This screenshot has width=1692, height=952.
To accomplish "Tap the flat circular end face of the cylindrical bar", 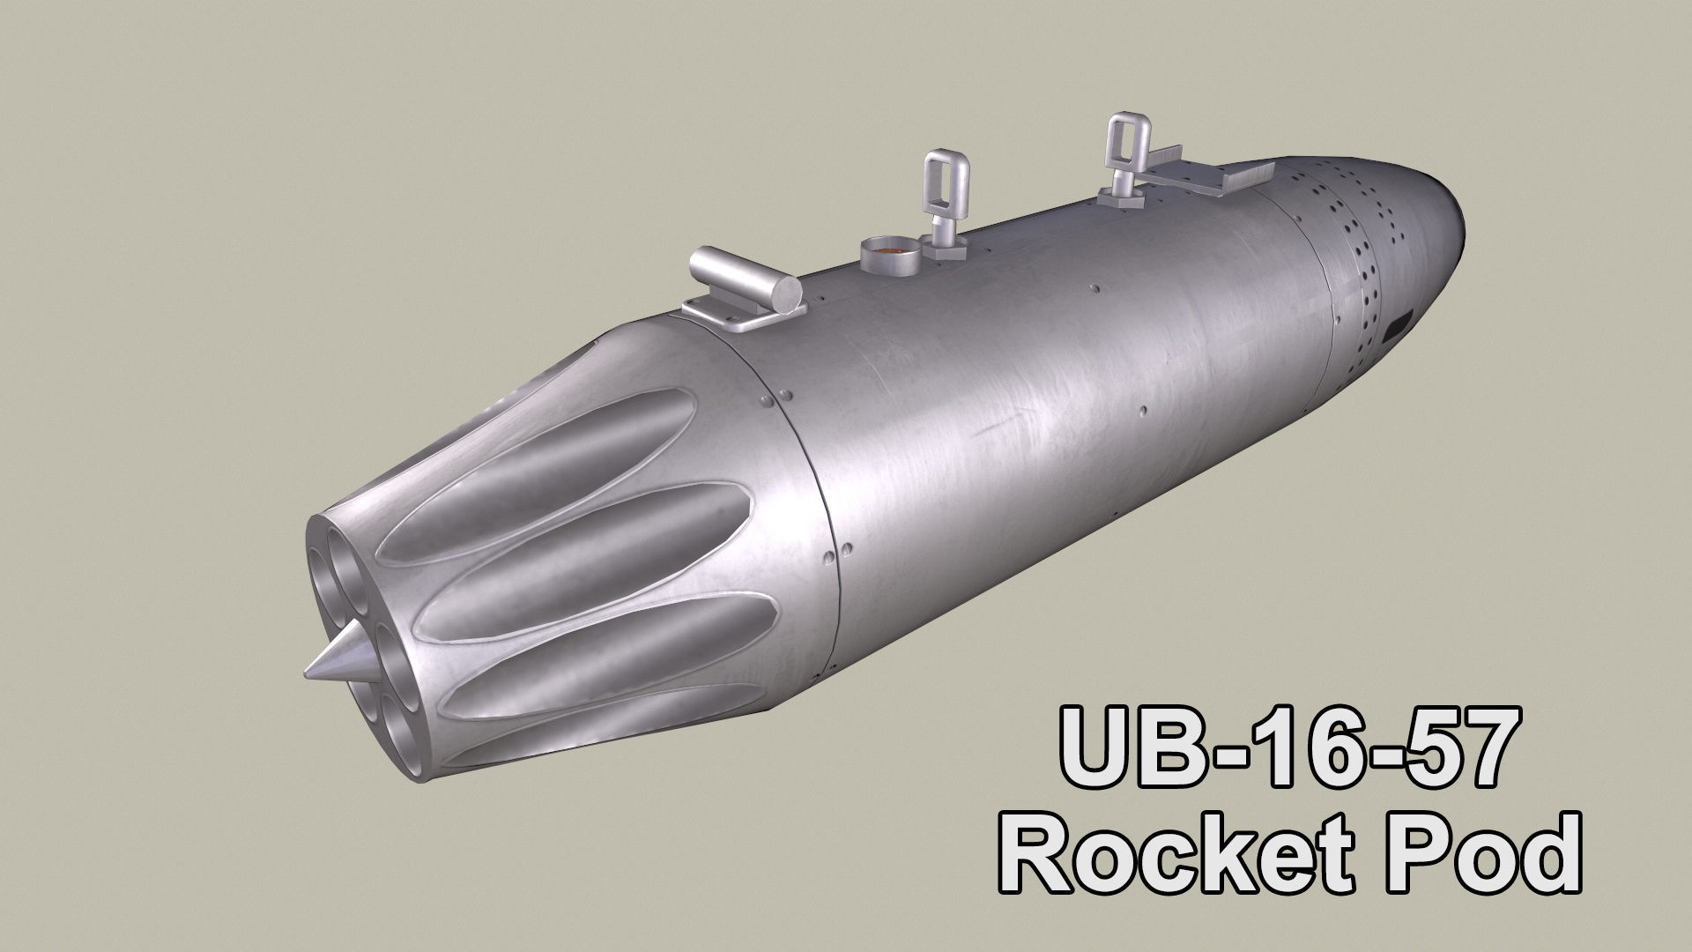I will coord(786,294).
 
